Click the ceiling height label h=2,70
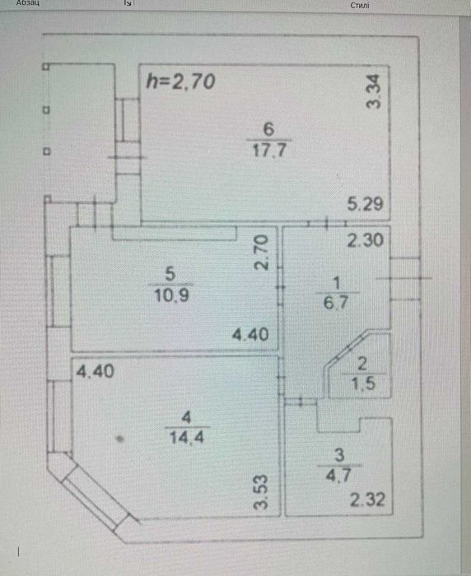tap(180, 81)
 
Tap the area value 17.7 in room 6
tap(269, 151)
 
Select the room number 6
tap(268, 129)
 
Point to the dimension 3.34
tap(373, 91)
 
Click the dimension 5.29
tap(365, 204)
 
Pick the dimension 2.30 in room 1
tap(366, 240)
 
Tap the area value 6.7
tap(336, 303)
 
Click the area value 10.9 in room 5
tap(171, 295)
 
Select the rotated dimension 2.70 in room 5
tap(261, 253)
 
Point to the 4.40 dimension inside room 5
tap(250, 334)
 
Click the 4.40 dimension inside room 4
tap(95, 371)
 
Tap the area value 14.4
tap(187, 437)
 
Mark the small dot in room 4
tap(119, 439)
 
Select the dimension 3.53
tap(261, 492)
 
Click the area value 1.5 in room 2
tap(363, 383)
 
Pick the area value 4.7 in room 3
tap(338, 476)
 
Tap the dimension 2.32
tap(367, 500)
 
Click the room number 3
tap(339, 455)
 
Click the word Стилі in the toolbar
tap(360, 5)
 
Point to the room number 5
tap(170, 274)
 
